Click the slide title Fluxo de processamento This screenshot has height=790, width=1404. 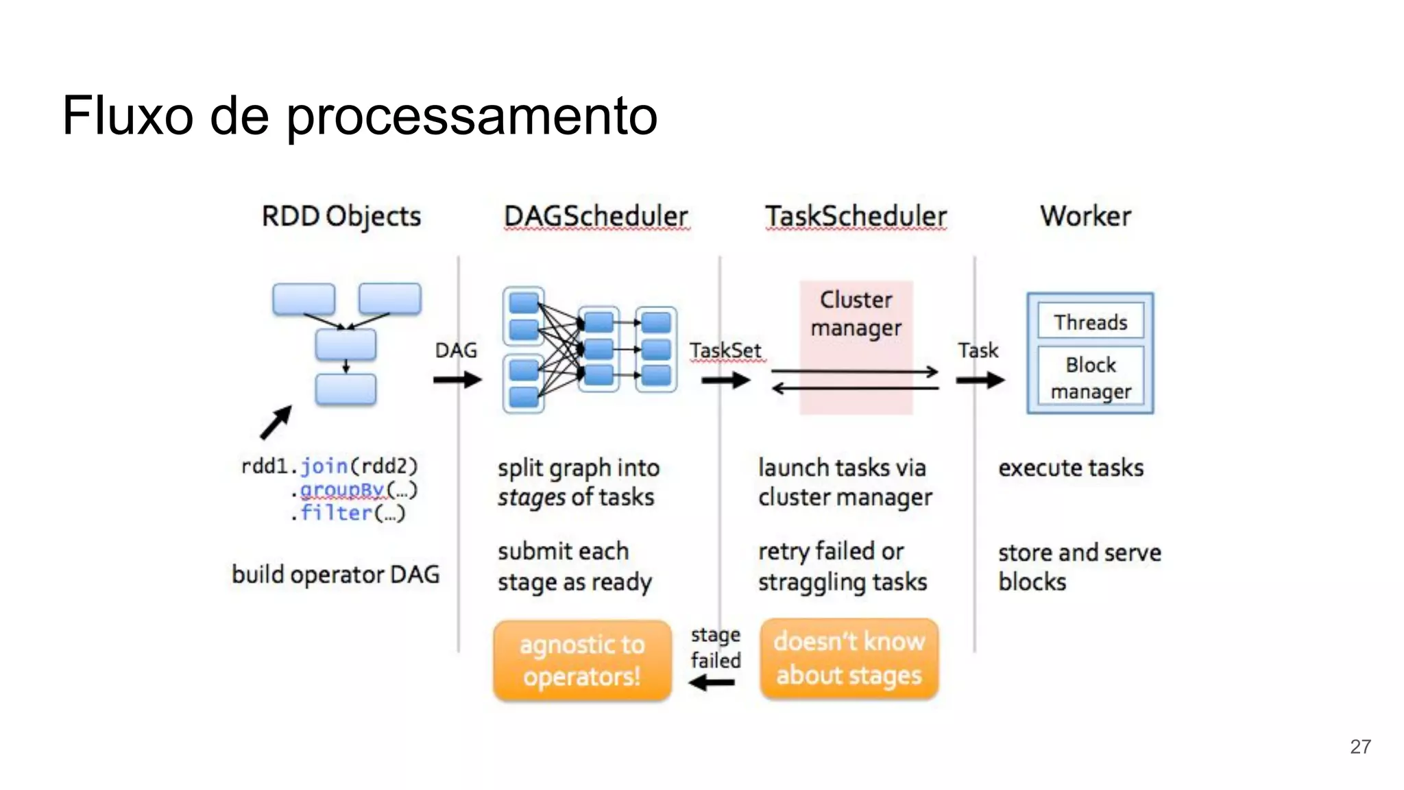pyautogui.click(x=359, y=116)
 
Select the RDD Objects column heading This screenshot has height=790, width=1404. pyautogui.click(x=341, y=217)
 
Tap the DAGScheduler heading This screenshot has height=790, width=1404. pyautogui.click(x=596, y=217)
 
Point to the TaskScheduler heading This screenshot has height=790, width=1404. pyautogui.click(x=856, y=217)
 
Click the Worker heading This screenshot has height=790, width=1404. pyautogui.click(x=1085, y=217)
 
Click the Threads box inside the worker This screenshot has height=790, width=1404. pyautogui.click(x=1090, y=322)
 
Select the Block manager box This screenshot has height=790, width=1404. pyautogui.click(x=1090, y=378)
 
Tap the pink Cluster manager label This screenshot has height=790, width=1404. pyautogui.click(x=856, y=314)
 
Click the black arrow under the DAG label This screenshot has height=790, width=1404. pyautogui.click(x=457, y=379)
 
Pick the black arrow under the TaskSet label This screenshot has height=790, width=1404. pyautogui.click(x=726, y=379)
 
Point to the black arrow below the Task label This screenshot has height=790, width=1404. pyautogui.click(x=980, y=379)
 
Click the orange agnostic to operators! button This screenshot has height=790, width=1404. pyautogui.click(x=582, y=660)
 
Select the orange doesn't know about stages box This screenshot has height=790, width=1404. pyautogui.click(x=849, y=659)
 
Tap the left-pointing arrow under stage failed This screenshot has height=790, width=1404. pyautogui.click(x=712, y=683)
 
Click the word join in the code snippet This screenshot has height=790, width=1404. pyautogui.click(x=324, y=466)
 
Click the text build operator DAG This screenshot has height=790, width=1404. pyautogui.click(x=335, y=574)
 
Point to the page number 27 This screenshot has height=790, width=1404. pyautogui.click(x=1360, y=747)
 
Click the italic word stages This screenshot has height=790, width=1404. pyautogui.click(x=531, y=498)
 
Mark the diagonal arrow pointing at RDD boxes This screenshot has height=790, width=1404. pyautogui.click(x=276, y=422)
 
